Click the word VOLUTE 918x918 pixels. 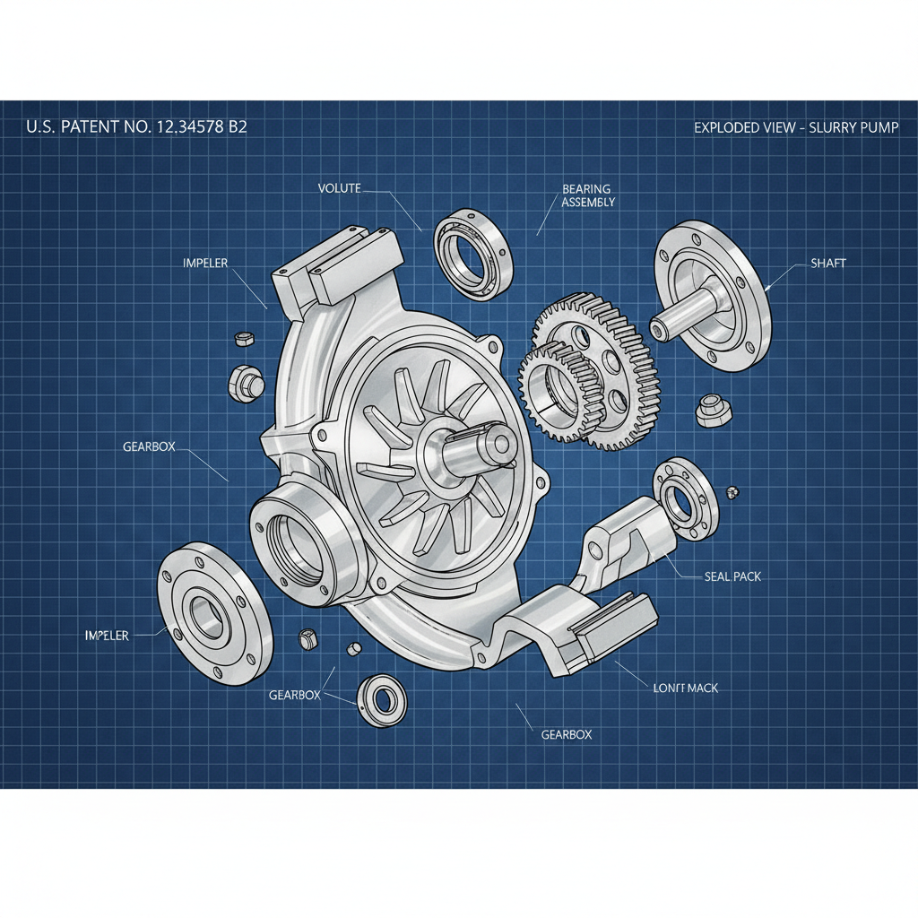[x=339, y=188]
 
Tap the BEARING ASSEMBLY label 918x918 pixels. [x=587, y=195]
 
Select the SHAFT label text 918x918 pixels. [x=827, y=263]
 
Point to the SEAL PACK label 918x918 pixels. [x=732, y=576]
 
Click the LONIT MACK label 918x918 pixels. [x=681, y=688]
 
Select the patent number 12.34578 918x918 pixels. [x=192, y=127]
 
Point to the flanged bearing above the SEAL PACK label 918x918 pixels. [x=685, y=498]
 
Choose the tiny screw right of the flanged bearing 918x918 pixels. [x=734, y=490]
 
